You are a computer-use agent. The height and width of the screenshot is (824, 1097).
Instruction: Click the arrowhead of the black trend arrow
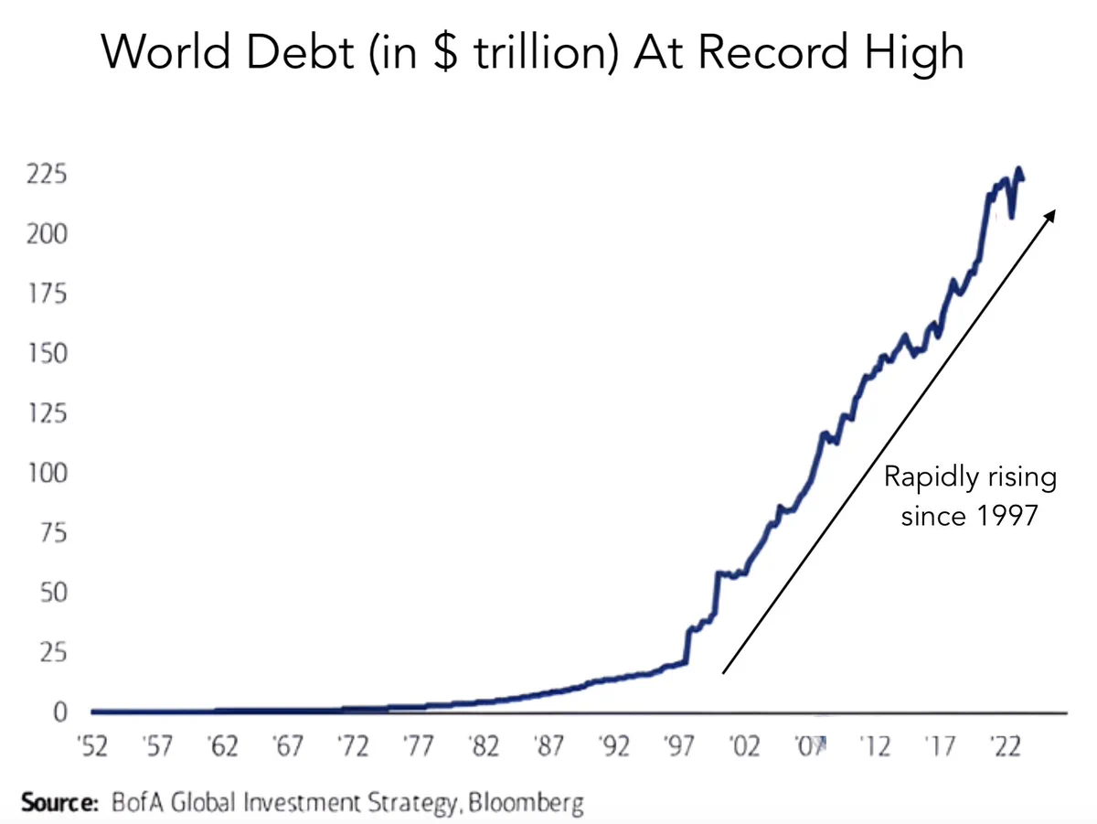coord(1051,213)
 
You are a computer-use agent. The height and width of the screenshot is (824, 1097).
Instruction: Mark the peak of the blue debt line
coord(1018,169)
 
